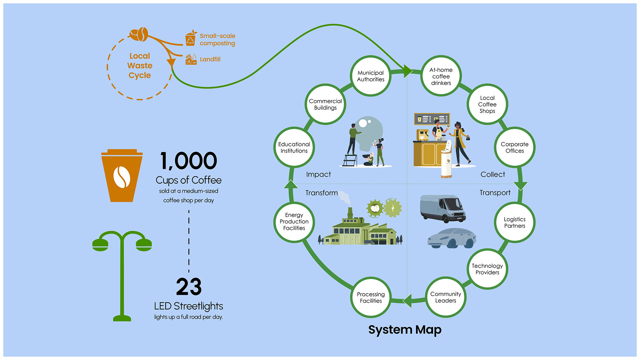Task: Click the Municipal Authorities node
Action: (371, 76)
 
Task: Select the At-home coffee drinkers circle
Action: (441, 76)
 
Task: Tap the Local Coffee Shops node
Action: (487, 104)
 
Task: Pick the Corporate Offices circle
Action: (515, 147)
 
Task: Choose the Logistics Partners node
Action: (515, 222)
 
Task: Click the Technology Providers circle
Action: (487, 269)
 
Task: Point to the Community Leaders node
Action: (446, 297)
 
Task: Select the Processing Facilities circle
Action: (371, 297)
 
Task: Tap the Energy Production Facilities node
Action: (294, 222)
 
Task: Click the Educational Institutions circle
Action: (294, 147)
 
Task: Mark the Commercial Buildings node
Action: (325, 104)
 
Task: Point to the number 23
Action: (189, 287)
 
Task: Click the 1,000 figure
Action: (189, 161)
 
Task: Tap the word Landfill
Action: (210, 59)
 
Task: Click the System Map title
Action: (405, 330)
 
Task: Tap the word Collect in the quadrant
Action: (493, 174)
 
